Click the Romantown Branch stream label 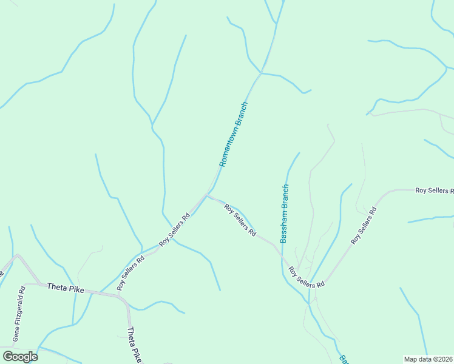(234, 134)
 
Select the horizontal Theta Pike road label (65, 288)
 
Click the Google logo (19, 357)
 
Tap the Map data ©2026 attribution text (429, 359)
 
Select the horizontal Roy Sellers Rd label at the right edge (434, 190)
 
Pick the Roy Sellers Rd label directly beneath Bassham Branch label (307, 277)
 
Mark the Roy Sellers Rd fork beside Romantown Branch (208, 195)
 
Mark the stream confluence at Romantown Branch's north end (260, 73)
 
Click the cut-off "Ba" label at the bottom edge (342, 359)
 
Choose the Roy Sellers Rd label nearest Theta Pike (131, 273)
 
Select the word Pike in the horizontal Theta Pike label (75, 289)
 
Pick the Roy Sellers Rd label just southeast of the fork (240, 220)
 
